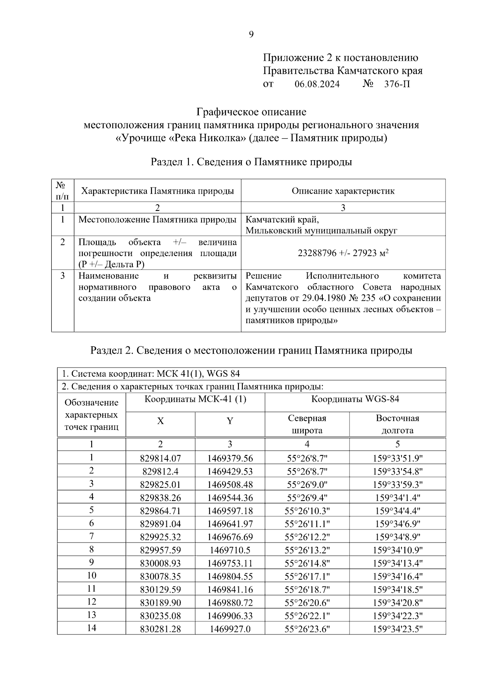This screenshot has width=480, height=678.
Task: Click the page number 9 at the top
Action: [251, 35]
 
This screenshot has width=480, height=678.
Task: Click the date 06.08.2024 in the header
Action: [317, 84]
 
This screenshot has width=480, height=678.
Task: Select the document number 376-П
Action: [397, 84]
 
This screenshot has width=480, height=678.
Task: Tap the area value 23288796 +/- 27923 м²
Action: [343, 253]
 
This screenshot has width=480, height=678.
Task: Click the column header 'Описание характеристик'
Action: [343, 191]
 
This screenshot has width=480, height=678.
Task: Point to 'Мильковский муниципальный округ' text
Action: [321, 231]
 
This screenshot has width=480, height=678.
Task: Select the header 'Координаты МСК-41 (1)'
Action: [195, 399]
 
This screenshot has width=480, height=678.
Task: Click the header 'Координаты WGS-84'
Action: [355, 399]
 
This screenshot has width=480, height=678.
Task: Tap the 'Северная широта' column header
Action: [307, 424]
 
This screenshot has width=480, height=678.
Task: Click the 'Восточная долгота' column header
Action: [397, 424]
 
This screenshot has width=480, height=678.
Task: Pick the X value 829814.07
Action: [160, 458]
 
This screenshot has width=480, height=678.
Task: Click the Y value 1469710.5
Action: [230, 550]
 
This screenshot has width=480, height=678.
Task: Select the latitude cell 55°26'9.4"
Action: [307, 498]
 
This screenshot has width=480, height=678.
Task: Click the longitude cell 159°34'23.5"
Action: [397, 629]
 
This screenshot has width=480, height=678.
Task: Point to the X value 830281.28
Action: [160, 629]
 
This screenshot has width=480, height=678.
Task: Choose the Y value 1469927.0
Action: [230, 629]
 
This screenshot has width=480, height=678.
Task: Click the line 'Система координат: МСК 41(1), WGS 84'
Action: [151, 374]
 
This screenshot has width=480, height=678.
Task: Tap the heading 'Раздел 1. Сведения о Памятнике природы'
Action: [251, 162]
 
